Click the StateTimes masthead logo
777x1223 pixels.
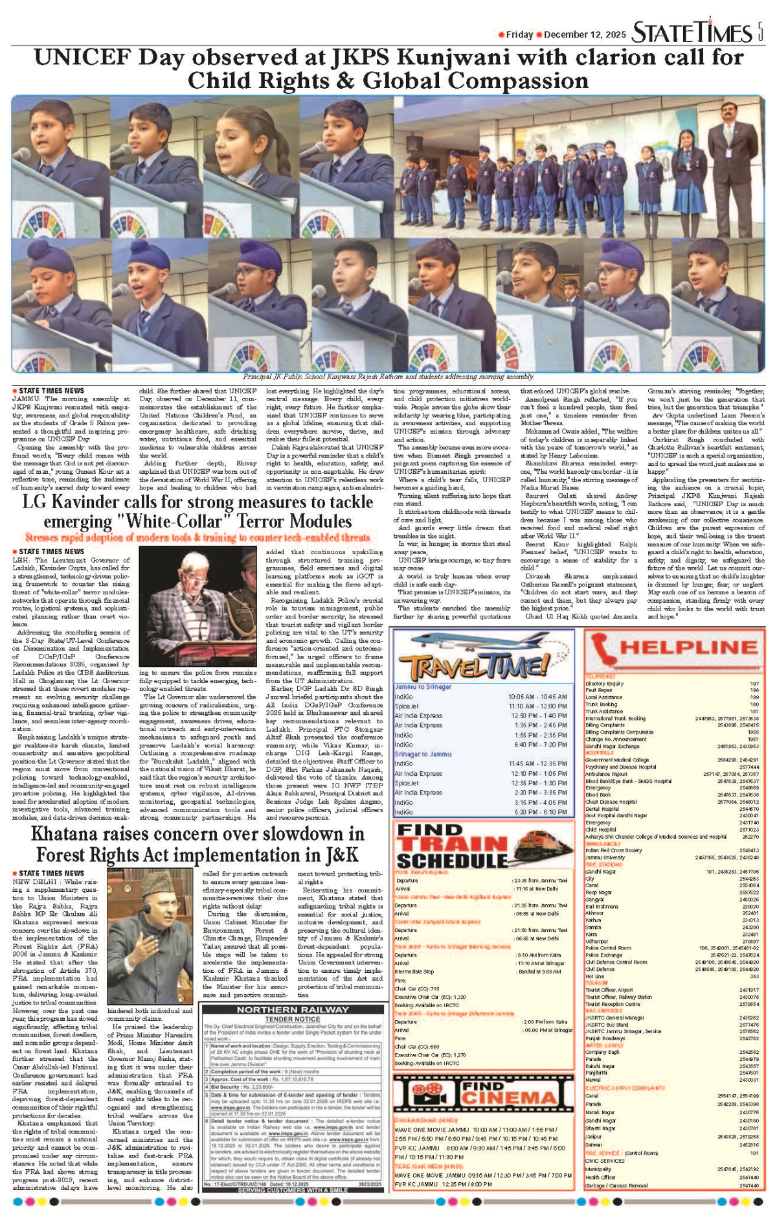coord(692,32)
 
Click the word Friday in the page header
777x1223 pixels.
coord(519,35)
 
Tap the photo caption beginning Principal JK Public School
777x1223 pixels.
coord(388,377)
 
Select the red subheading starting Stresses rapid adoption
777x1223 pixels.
coord(197,537)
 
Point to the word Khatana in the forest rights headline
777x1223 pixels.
coord(72,833)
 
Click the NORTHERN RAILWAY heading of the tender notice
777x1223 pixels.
coord(292,1010)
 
